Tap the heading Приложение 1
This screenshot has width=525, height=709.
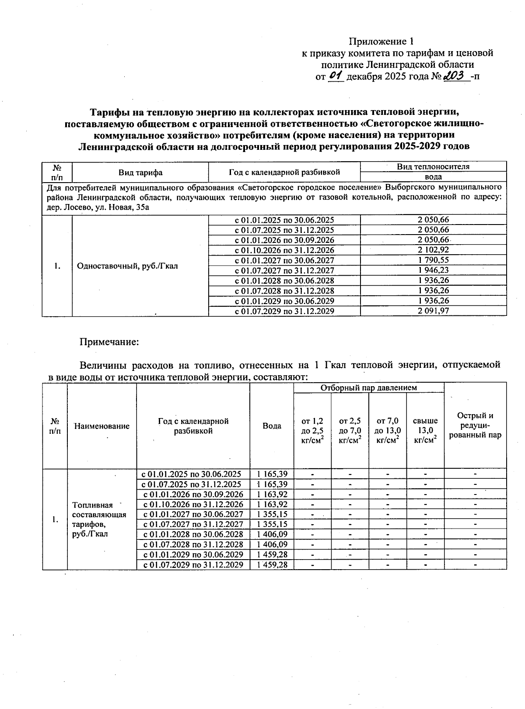pos(381,42)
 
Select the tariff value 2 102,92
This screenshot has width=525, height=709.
pos(433,250)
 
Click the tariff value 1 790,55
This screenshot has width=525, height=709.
pos(433,260)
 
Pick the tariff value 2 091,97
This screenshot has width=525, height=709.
pos(433,311)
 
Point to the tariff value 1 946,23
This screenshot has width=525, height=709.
pos(433,270)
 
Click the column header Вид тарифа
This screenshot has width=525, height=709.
pos(140,172)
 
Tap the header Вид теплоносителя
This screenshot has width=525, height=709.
pos(433,166)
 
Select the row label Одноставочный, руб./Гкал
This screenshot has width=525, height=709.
pos(127,266)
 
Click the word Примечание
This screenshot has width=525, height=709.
pos(108,342)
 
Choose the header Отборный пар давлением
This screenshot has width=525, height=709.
pos(368,387)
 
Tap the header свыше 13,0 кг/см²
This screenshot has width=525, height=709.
pos(425,430)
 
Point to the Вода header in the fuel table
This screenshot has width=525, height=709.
pos(272,425)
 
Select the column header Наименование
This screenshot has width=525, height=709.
pos(101,426)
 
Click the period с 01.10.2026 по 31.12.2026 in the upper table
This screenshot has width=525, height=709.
pos(284,250)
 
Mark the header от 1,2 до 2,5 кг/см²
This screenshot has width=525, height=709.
pos(312,430)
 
